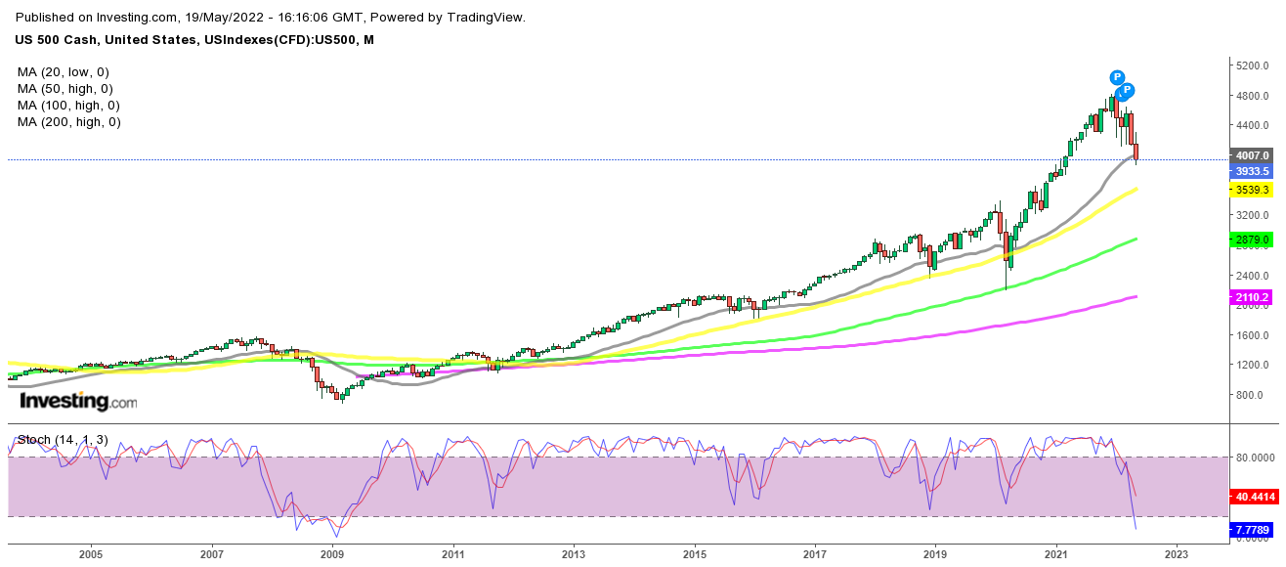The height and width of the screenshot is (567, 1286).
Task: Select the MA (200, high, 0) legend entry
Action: click(x=68, y=122)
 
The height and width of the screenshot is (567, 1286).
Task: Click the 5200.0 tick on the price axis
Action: click(x=1252, y=66)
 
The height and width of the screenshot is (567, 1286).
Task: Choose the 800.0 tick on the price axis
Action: click(x=1249, y=395)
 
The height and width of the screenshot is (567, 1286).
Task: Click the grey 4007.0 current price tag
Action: click(x=1252, y=155)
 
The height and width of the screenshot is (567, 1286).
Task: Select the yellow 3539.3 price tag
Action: click(x=1252, y=190)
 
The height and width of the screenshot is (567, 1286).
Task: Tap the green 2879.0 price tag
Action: click(x=1252, y=240)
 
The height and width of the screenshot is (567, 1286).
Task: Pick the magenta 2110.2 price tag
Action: click(x=1252, y=297)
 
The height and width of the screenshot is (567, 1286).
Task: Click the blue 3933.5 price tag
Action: click(x=1252, y=172)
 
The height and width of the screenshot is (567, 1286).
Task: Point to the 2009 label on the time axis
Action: click(x=332, y=554)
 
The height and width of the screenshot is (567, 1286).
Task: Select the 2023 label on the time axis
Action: click(x=1176, y=554)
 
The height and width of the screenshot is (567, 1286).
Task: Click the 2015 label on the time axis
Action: click(x=694, y=554)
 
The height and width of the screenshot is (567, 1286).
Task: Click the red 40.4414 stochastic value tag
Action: click(x=1253, y=497)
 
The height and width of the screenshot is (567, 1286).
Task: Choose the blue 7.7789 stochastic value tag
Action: click(x=1253, y=530)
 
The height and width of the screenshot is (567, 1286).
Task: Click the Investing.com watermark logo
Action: click(x=78, y=402)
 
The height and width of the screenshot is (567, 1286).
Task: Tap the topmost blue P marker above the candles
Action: click(x=1117, y=77)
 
